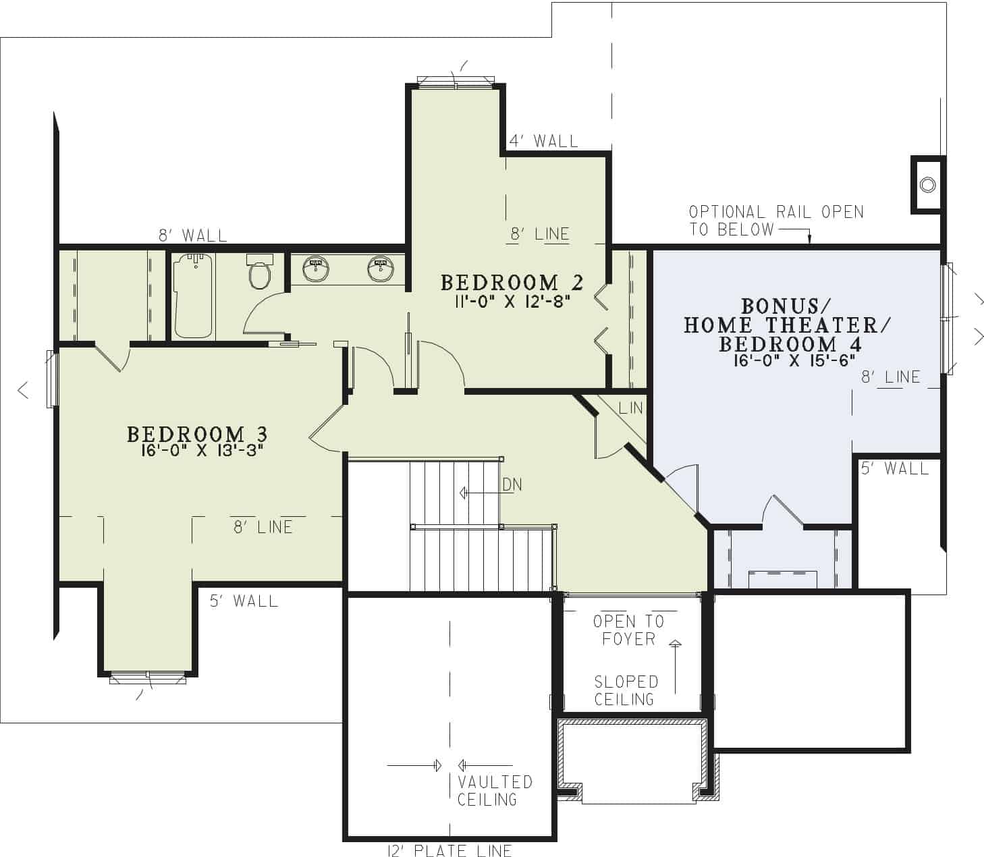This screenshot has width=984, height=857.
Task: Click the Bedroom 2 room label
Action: [x=512, y=282]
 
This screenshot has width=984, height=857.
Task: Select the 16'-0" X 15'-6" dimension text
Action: [x=794, y=361]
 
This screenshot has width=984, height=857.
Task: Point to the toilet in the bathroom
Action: [x=259, y=273]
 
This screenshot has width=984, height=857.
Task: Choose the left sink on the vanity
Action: [x=315, y=269]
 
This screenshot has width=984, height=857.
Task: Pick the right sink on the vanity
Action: [x=381, y=269]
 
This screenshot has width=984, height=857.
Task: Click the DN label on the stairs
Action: [x=511, y=485]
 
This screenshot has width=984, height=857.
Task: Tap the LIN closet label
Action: [x=630, y=408]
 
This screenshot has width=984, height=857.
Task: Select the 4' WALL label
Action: [x=543, y=141]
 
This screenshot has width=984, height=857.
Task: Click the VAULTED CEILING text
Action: [x=495, y=791]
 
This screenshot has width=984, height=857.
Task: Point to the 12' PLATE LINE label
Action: [x=449, y=850]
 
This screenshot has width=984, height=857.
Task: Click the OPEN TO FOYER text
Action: [x=628, y=630]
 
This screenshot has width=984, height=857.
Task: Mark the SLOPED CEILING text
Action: [x=625, y=690]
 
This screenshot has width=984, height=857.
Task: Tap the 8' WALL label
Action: [x=193, y=236]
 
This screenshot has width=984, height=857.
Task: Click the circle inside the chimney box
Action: [x=928, y=185]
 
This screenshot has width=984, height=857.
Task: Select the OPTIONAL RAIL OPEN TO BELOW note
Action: [x=775, y=221]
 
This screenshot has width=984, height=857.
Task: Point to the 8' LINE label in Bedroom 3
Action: [x=263, y=527]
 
